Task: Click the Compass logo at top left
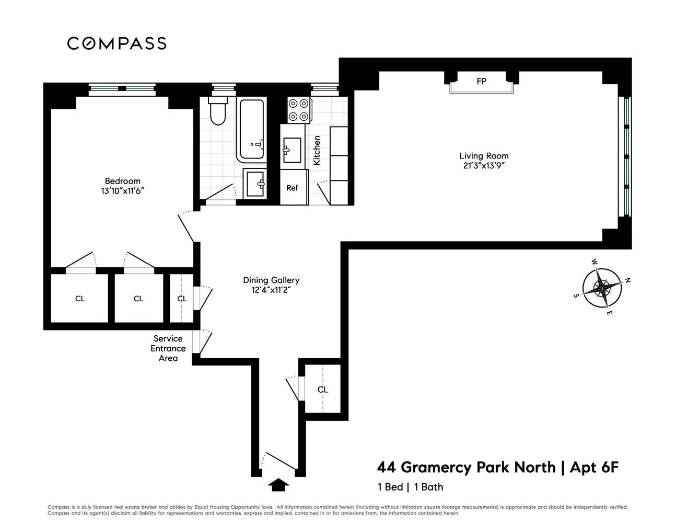(116, 43)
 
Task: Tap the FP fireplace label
(481, 82)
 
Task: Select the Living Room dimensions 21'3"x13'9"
(483, 166)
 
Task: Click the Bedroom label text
(122, 181)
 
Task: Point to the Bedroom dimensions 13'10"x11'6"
(122, 191)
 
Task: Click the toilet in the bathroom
(217, 110)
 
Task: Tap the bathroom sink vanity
(256, 183)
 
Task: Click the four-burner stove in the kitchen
(298, 110)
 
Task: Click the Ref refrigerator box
(292, 187)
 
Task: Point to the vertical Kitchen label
(317, 151)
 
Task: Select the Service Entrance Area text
(168, 348)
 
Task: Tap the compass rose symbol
(602, 287)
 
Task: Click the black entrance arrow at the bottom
(278, 485)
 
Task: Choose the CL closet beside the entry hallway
(323, 390)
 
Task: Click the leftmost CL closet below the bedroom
(80, 299)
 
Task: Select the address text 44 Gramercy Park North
(467, 467)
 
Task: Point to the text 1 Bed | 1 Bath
(411, 487)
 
